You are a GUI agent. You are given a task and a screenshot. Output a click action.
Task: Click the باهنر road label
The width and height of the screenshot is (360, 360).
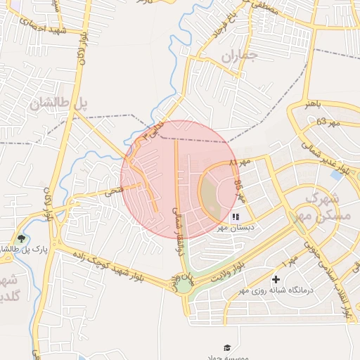(313, 103)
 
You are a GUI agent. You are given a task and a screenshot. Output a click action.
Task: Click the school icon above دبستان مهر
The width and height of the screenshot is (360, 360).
(236, 217)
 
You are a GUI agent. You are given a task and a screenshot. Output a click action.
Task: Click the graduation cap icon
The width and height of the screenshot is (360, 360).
(227, 347)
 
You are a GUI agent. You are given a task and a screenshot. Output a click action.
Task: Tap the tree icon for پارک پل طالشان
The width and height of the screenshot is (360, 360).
(20, 239)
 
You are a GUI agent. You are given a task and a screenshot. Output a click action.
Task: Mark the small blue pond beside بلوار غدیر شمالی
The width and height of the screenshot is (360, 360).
(336, 175)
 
